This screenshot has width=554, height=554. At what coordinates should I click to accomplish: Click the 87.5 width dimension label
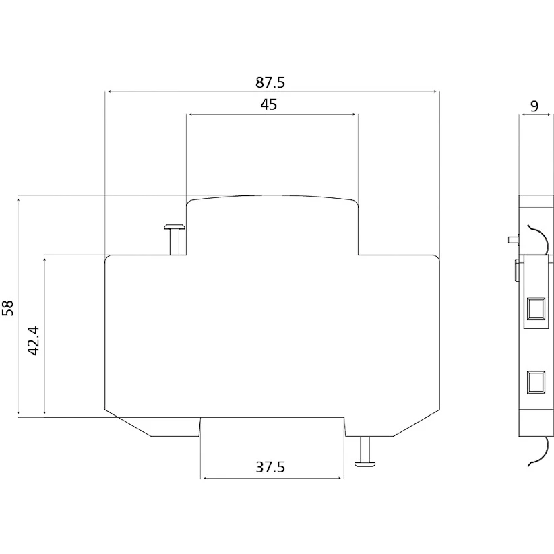(270, 82)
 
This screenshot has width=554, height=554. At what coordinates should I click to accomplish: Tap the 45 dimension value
(268, 104)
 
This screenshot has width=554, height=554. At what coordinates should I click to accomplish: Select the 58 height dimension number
(8, 308)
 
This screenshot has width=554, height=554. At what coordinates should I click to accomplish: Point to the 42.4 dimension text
(34, 340)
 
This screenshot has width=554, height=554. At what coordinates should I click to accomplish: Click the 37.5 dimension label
(270, 467)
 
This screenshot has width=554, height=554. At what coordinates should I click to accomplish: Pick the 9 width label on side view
(534, 106)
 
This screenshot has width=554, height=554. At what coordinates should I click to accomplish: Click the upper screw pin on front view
(175, 239)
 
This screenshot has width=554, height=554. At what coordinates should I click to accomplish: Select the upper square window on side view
(536, 308)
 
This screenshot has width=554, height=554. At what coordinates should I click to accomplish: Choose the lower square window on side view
(536, 382)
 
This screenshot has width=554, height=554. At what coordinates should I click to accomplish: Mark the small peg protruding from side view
(513, 239)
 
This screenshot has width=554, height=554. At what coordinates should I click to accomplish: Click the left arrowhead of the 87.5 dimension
(109, 92)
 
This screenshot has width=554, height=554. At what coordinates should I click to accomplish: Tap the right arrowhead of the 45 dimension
(353, 115)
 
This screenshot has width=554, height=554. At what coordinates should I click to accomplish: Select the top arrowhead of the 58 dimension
(18, 200)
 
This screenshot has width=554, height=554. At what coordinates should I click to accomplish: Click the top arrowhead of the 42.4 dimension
(44, 260)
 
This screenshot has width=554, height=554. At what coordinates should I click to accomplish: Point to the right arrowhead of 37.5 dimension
(340, 478)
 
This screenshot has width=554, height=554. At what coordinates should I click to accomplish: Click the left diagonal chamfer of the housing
(128, 423)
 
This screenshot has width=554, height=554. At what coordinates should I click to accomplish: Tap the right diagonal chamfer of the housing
(417, 423)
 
